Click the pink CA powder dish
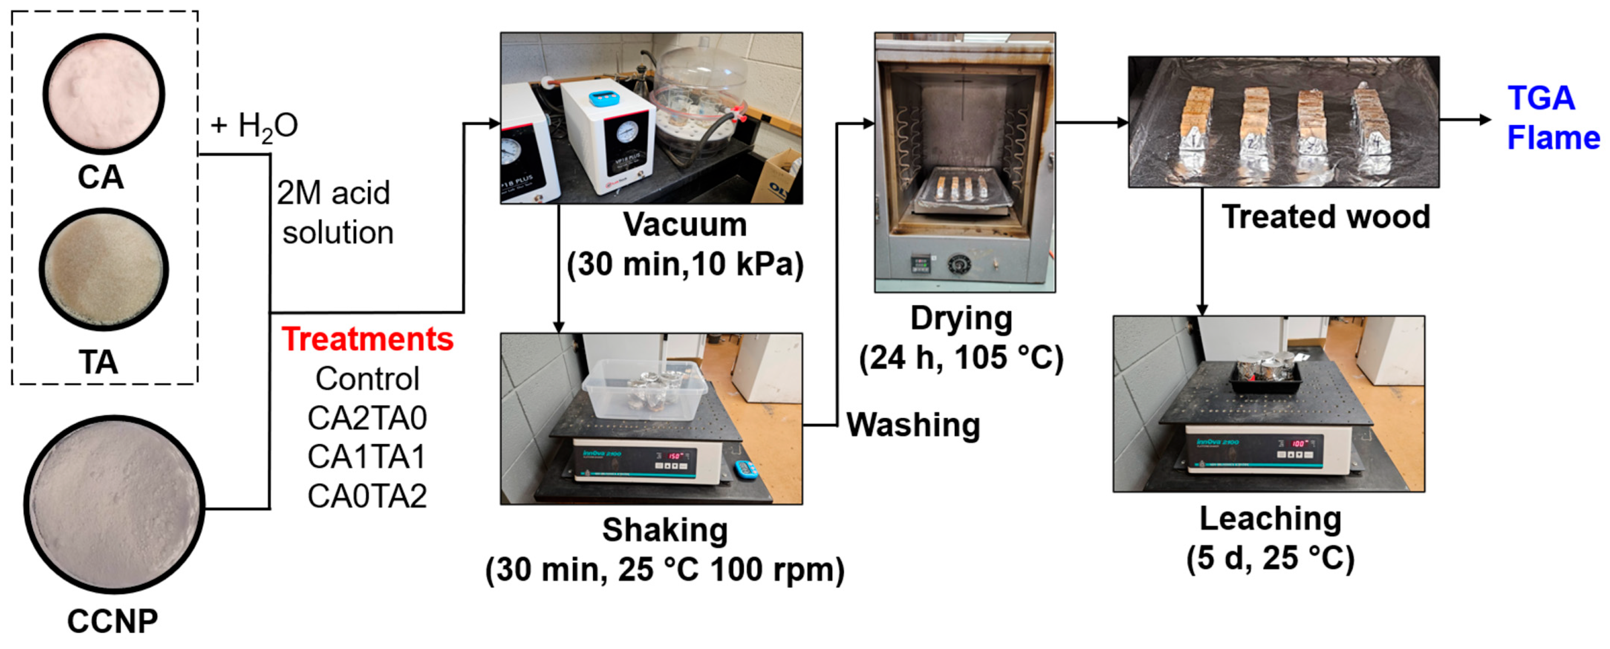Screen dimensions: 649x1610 point(104,94)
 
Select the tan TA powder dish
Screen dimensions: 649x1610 point(104,269)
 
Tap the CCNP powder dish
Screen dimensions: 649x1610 point(114,504)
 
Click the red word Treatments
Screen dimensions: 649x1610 point(368,339)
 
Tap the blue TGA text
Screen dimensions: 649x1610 point(1541,98)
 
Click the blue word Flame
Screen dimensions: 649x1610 point(1553,138)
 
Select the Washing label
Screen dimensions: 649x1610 point(913,425)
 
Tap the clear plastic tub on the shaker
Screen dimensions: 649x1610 point(644,388)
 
